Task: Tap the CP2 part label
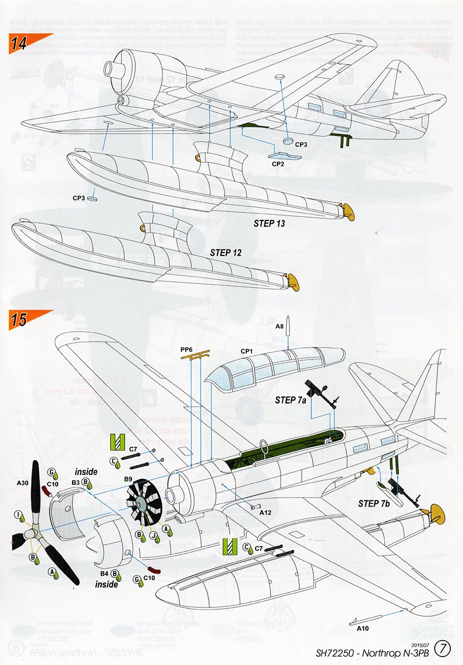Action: coord(278,163)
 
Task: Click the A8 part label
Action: coord(280,327)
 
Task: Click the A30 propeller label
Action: coord(23,483)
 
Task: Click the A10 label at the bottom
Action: coord(363,628)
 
